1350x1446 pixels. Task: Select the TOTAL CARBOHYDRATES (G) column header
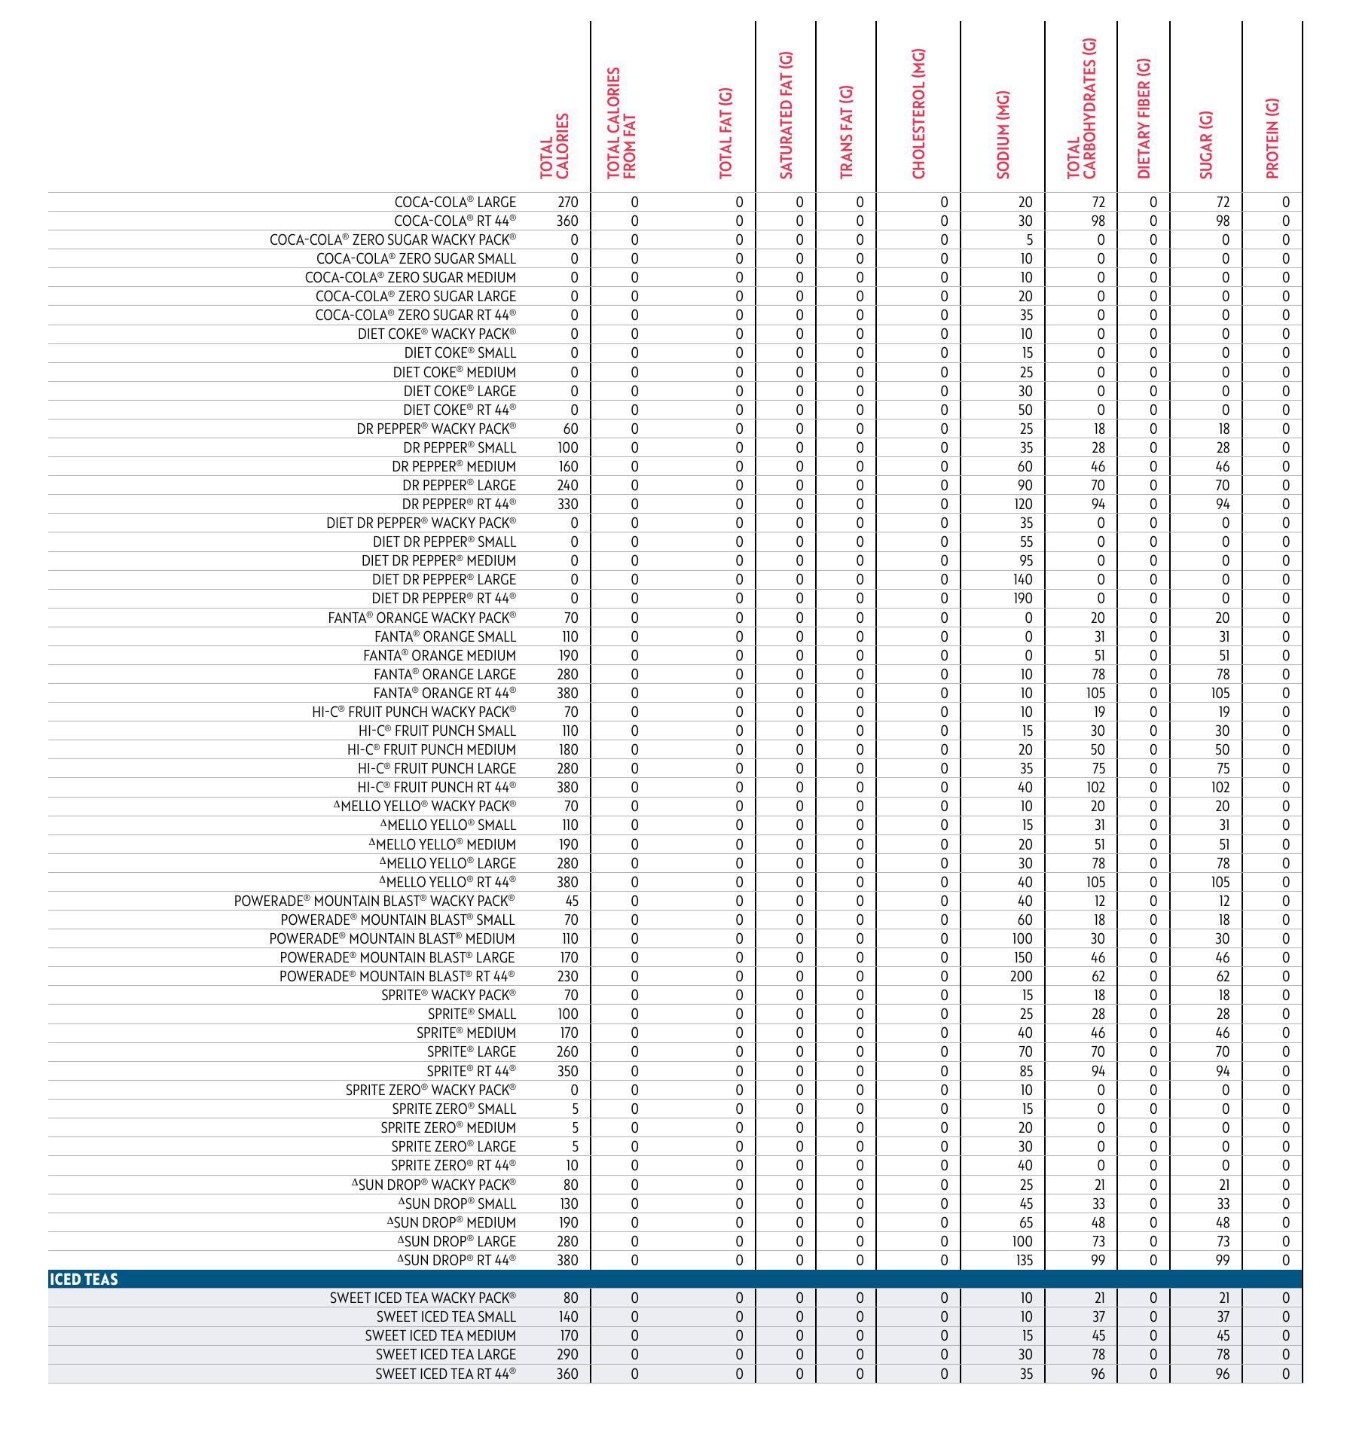[x=1082, y=109]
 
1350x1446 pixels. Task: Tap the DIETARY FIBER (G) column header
[x=1144, y=118]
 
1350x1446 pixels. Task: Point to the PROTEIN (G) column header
[x=1272, y=139]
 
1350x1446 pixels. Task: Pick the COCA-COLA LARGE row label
[x=455, y=202]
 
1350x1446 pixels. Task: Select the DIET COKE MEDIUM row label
[x=454, y=372]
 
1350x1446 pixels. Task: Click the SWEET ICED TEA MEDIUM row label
[x=441, y=1335]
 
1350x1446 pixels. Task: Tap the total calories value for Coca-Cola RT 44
[x=567, y=221]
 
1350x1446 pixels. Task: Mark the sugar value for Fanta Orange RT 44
[x=1220, y=693]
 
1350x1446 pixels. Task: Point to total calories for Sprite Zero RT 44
[x=572, y=1165]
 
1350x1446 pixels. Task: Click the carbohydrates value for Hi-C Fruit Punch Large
[x=1098, y=768]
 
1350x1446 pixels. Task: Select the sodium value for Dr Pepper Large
[x=1025, y=485]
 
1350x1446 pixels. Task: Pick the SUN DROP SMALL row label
[x=457, y=1203]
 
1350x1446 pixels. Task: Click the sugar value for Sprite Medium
[x=1222, y=1033]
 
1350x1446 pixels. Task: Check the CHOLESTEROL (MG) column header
[x=918, y=114]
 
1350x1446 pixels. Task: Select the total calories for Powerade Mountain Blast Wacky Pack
[x=572, y=901]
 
